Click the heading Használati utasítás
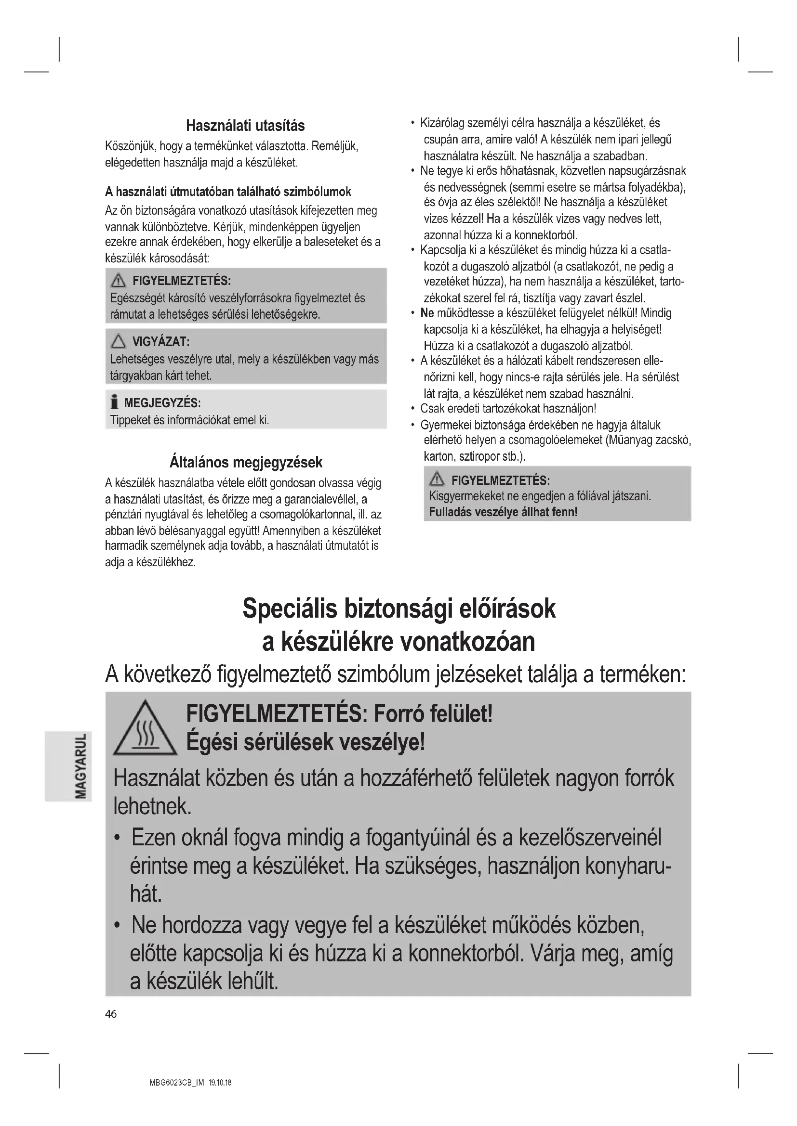pyautogui.click(x=245, y=126)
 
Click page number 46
pyautogui.click(x=111, y=1014)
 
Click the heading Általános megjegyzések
pyautogui.click(x=245, y=462)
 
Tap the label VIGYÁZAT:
pyautogui.click(x=161, y=341)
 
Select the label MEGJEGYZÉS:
pyautogui.click(x=162, y=403)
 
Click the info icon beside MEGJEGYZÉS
pyautogui.click(x=114, y=402)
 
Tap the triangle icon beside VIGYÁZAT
pyautogui.click(x=118, y=341)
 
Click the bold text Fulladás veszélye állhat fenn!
pyautogui.click(x=503, y=512)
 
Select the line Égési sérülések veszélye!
pyautogui.click(x=305, y=743)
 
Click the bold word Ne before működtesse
pyautogui.click(x=427, y=313)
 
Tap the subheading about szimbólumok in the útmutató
pyautogui.click(x=228, y=191)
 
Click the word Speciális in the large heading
pyautogui.click(x=290, y=608)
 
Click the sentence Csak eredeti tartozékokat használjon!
pyautogui.click(x=508, y=409)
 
